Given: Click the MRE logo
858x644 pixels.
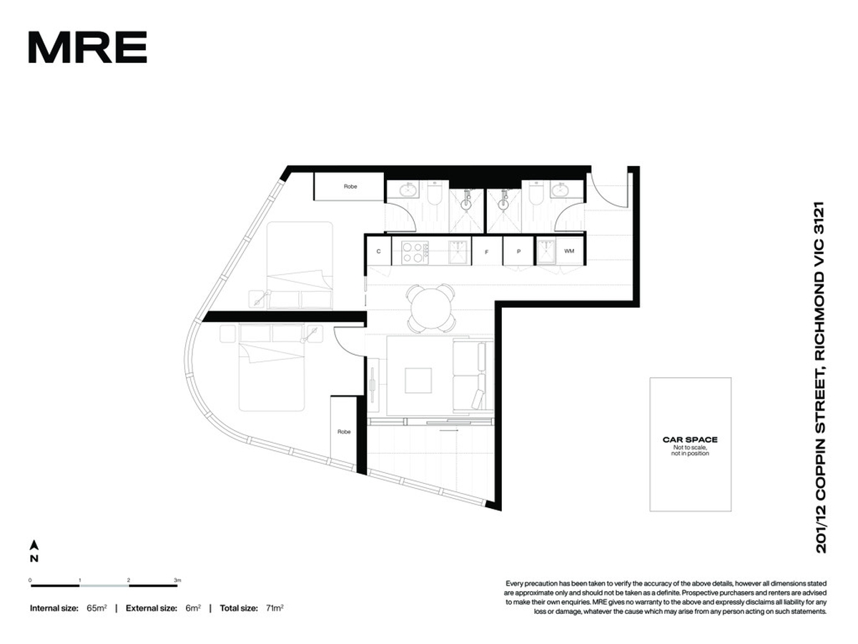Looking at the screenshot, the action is tap(87, 47).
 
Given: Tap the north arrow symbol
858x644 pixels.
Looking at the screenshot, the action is tap(34, 545).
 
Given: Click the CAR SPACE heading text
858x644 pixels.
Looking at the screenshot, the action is tap(689, 439).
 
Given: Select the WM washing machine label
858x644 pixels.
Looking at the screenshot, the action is tap(568, 251).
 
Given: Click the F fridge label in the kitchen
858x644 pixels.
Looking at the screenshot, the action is tap(486, 252).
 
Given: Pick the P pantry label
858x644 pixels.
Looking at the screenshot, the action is tap(518, 251).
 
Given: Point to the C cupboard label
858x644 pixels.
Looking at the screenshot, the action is tap(378, 251).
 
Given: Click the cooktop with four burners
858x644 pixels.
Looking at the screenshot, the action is tap(415, 252).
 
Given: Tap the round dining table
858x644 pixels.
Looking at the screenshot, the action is tap(430, 308).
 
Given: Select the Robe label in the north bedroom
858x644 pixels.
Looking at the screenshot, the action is tap(350, 187).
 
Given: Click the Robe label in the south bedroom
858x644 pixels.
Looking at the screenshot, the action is tap(344, 431).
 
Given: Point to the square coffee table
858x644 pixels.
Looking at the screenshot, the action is tap(418, 380).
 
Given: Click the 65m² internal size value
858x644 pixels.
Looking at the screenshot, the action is tap(97, 608).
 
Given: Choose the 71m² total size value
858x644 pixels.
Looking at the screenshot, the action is tap(275, 608).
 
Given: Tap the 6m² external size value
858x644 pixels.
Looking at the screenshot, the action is tap(193, 608).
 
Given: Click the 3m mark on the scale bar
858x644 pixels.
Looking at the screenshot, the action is tap(177, 580).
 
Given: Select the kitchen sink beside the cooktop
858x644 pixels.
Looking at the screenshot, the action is tap(458, 252).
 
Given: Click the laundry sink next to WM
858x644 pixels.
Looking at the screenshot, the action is tap(546, 252).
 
